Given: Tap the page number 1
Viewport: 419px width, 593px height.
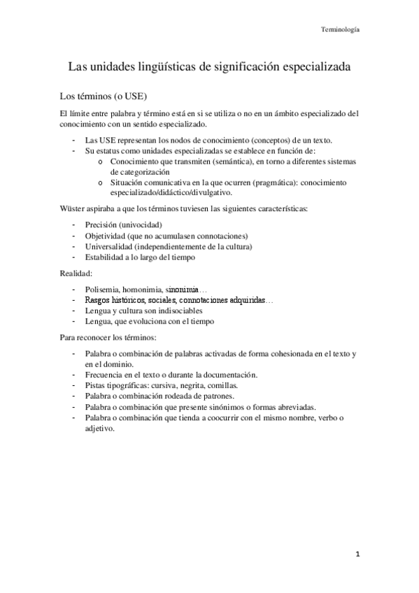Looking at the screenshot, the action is coord(356,555).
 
